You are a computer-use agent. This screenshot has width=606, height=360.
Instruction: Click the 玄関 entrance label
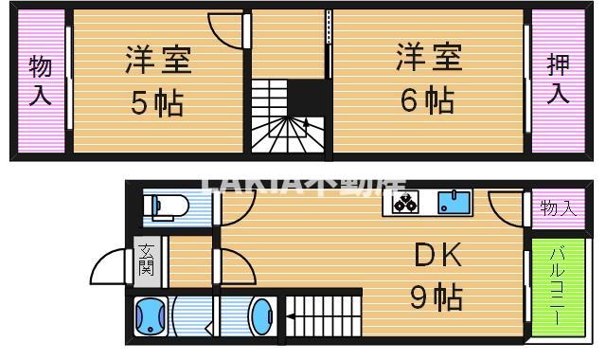click(147, 259)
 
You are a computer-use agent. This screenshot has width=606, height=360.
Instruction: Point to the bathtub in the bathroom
click(150, 317)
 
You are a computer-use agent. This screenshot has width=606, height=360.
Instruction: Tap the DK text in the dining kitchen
click(437, 255)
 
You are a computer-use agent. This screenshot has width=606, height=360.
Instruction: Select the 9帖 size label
click(436, 298)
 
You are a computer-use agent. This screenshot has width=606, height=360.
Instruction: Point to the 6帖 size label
click(427, 99)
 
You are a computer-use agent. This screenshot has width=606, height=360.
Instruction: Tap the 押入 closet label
click(558, 81)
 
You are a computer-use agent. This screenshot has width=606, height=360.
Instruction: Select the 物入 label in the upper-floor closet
click(40, 81)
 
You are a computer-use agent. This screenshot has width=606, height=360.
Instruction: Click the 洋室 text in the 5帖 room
click(159, 59)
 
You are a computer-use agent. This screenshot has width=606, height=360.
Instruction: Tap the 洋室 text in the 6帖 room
click(428, 57)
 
